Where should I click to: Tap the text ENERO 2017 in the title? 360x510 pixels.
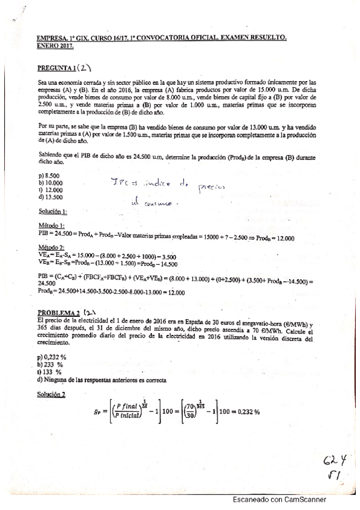click(x=53, y=45)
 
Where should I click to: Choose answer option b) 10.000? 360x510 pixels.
click(x=50, y=182)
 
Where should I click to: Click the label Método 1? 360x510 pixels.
click(x=50, y=225)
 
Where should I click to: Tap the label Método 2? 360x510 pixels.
click(x=50, y=247)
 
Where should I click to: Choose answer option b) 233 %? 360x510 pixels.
click(x=50, y=364)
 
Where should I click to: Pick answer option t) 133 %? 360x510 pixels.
click(x=50, y=372)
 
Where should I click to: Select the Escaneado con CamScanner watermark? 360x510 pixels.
click(x=280, y=499)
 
